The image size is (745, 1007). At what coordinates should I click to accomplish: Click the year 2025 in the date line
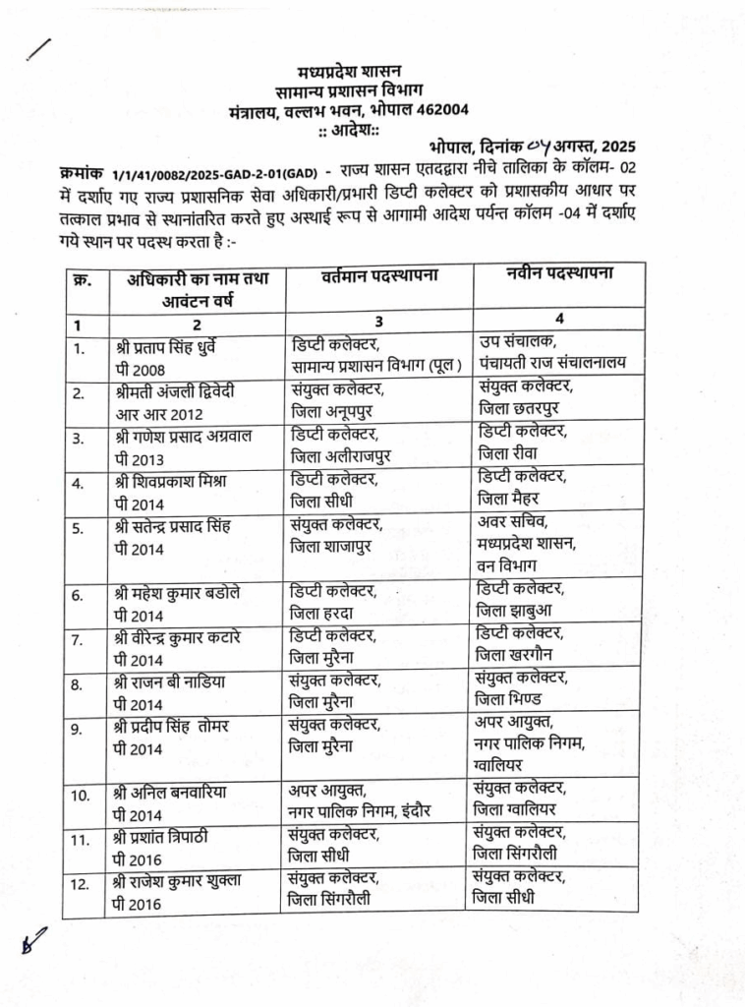616,148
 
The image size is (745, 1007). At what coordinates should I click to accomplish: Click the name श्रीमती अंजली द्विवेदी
173,390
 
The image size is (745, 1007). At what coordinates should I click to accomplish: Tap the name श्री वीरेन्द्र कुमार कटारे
177,636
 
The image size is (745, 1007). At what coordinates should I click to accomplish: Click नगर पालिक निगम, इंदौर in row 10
360,811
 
